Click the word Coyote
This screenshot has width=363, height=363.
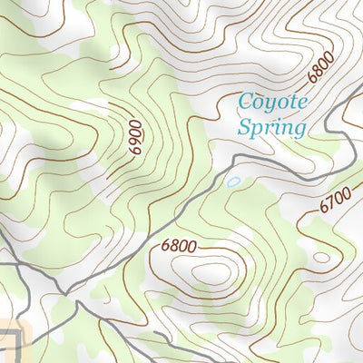point(271,102)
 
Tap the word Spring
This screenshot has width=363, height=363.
point(270,127)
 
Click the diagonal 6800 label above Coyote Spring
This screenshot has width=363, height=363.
point(322,68)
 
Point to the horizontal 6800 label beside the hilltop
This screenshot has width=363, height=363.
point(179,245)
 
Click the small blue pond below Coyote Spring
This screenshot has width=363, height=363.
point(233,182)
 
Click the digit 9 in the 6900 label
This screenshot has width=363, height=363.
point(136,143)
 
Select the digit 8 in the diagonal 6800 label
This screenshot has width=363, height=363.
point(319,72)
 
